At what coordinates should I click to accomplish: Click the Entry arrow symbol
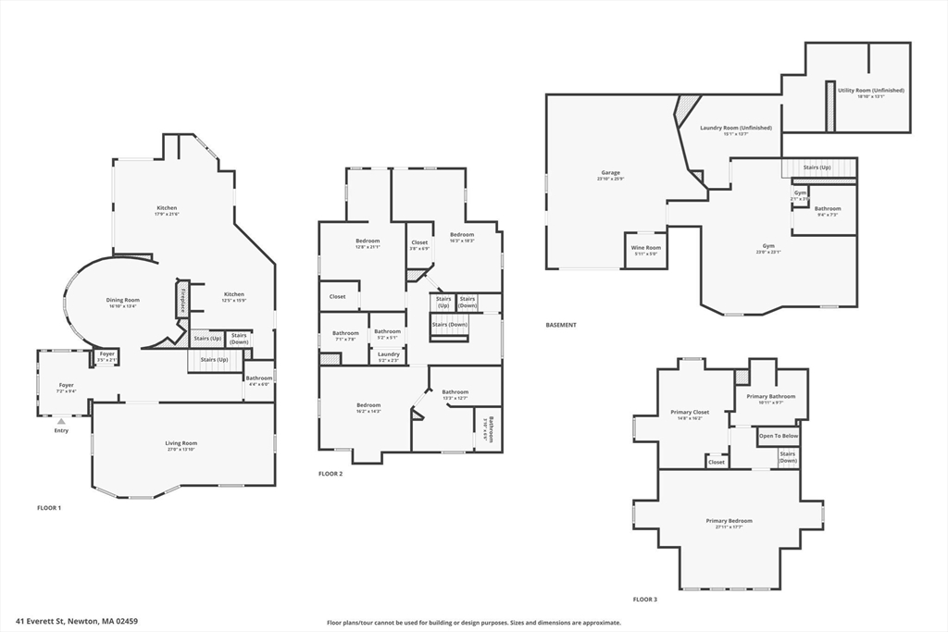click(61, 421)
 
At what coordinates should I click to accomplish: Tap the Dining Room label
click(122, 300)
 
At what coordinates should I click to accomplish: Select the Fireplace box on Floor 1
click(182, 301)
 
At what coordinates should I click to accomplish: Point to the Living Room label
click(181, 443)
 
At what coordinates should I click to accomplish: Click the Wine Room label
click(645, 247)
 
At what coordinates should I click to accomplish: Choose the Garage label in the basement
click(610, 172)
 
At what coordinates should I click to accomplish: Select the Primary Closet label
click(689, 412)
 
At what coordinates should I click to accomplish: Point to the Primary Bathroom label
click(764, 396)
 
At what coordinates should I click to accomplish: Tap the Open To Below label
click(779, 435)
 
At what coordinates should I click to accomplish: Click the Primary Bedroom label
click(729, 521)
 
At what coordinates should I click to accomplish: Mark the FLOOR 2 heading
click(331, 474)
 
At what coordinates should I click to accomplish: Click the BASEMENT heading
click(561, 325)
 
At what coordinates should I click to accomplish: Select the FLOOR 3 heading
click(644, 600)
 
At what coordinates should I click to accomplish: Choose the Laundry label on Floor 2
click(389, 353)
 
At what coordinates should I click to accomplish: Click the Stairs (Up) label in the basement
click(817, 167)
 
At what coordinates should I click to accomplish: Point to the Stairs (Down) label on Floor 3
click(788, 456)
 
